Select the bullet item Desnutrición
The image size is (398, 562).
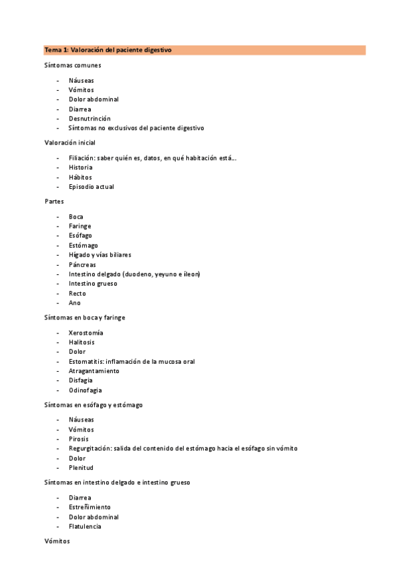90,119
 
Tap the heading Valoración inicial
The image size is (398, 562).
70,142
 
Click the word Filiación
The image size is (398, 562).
81,158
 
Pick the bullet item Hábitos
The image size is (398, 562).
80,177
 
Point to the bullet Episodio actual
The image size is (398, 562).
92,187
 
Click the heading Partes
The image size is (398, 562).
54,201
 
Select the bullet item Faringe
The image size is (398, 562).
80,226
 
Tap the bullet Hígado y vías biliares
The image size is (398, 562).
100,254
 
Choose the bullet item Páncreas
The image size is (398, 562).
82,264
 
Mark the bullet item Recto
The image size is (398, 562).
78,294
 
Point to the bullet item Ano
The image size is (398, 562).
75,303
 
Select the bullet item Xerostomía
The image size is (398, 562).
86,333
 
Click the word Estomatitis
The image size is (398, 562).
86,361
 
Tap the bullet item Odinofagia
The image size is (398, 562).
86,390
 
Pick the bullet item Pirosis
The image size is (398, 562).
78,439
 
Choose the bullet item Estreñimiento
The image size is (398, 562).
90,507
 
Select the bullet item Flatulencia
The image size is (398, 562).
85,526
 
